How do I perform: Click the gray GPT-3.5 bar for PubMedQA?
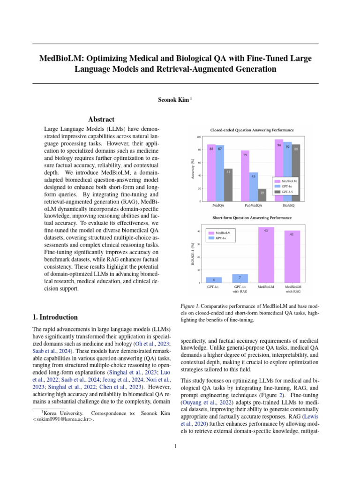click(262, 195)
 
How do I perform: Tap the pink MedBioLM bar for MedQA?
click(211, 173)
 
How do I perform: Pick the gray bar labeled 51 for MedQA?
click(228, 185)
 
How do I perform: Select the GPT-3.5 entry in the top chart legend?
click(288, 192)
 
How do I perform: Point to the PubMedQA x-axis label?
click(253, 205)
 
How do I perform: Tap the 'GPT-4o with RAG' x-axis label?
click(240, 289)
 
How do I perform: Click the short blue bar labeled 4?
click(214, 280)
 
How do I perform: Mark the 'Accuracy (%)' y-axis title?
click(192, 169)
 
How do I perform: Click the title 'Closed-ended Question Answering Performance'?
click(253, 129)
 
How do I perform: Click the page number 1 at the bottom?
click(175, 446)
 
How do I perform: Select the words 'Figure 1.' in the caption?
click(190, 306)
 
